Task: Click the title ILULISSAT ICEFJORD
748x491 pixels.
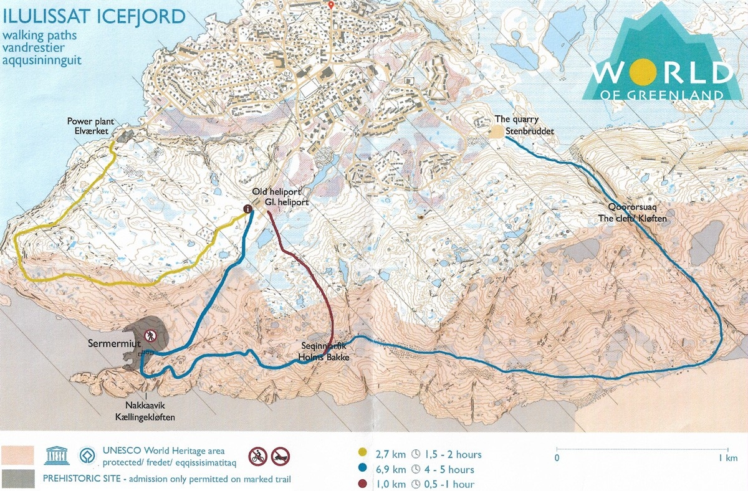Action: [93, 16]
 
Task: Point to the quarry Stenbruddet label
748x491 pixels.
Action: [524, 125]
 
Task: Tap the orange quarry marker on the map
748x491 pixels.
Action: [497, 131]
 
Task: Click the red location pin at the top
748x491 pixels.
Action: [331, 5]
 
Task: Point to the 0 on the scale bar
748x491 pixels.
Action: [557, 458]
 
